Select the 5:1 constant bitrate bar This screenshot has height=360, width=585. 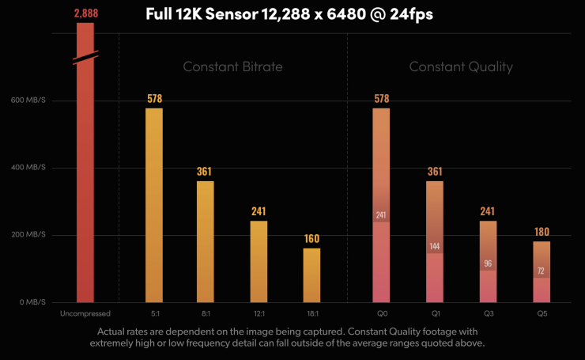point(153,206)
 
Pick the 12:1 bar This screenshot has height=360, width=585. point(259,261)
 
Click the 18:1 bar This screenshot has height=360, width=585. point(311,275)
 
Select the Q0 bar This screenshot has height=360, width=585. point(381,206)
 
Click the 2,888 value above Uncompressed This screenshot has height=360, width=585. point(85,14)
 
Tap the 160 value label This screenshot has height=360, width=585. point(311,238)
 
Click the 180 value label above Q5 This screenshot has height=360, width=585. point(542,232)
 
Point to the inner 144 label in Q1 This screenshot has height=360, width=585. point(434,246)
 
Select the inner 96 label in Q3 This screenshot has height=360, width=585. point(488,263)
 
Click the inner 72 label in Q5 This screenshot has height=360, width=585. point(542,271)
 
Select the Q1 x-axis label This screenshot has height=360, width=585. point(434,315)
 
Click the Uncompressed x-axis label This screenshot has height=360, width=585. point(85,315)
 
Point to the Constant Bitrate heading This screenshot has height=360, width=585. point(232,66)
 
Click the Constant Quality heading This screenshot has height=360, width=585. point(460,66)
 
